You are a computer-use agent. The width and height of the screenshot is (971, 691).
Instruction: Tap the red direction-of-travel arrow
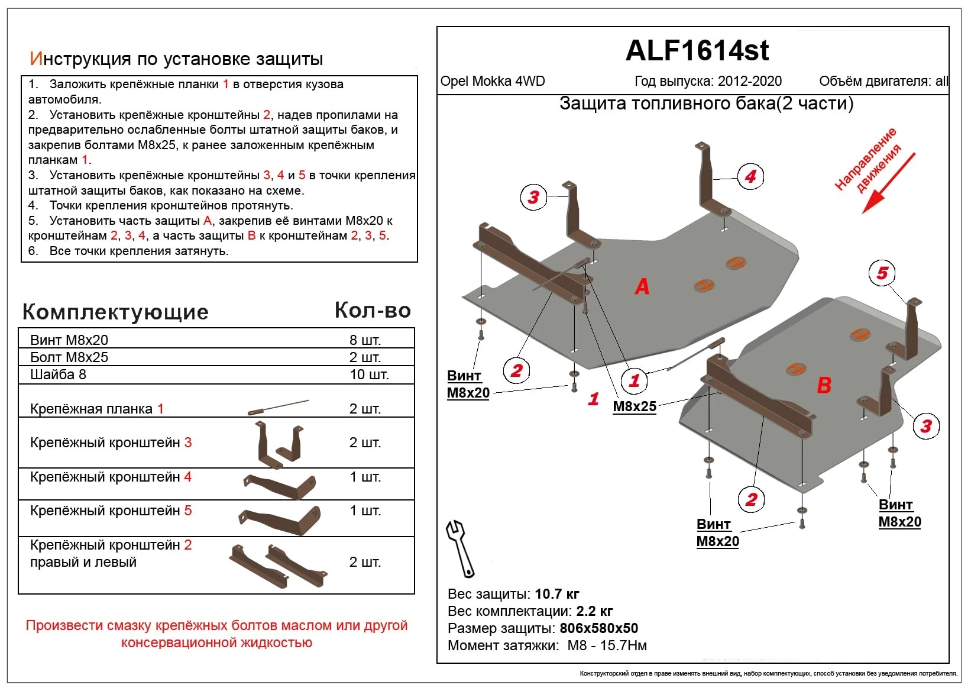point(888,183)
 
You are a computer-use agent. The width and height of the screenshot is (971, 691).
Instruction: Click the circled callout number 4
point(750,176)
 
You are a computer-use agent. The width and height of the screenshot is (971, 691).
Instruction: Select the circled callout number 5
point(882,273)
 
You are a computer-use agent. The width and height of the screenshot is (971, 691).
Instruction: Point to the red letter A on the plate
point(642,287)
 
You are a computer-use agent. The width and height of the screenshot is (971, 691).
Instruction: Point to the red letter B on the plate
point(824,386)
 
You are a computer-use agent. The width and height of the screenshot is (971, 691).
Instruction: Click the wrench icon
point(460,548)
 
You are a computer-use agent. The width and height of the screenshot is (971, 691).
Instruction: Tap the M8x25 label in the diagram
point(635,406)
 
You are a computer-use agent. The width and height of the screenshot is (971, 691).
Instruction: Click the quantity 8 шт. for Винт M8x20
point(365,340)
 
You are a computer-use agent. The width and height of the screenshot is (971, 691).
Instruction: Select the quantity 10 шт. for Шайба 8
point(369,374)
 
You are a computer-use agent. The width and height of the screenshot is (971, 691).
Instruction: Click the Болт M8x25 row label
point(69,357)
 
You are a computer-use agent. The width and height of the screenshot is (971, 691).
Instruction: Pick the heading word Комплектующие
point(115,312)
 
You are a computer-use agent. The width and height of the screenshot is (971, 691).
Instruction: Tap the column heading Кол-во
point(373,311)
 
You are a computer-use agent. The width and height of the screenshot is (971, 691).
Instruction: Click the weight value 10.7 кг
point(556,594)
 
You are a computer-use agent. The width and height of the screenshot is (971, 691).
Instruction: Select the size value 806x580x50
point(598,628)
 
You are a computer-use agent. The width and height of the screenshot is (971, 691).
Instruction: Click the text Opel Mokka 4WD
point(493,82)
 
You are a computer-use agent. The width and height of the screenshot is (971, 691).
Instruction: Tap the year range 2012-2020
point(750,82)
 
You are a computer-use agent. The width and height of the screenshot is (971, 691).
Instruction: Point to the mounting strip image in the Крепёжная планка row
point(278,407)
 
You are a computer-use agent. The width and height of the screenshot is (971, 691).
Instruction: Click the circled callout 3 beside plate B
point(926,425)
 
